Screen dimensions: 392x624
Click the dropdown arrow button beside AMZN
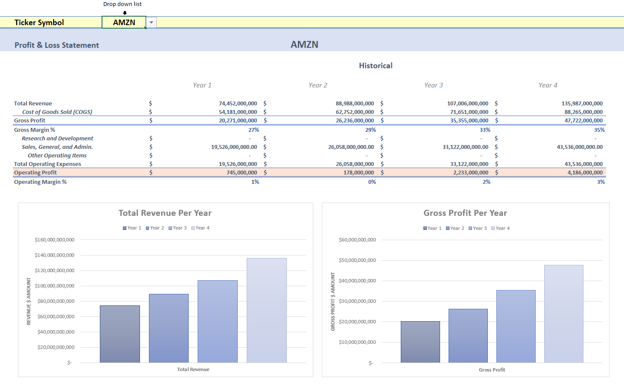[x=151, y=23]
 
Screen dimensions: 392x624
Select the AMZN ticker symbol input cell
[x=124, y=23]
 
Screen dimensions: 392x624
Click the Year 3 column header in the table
[x=433, y=85]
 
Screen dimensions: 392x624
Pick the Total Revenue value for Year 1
[x=238, y=104]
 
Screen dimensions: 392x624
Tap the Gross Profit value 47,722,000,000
[x=583, y=121]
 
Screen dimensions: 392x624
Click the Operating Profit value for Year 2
[x=359, y=173]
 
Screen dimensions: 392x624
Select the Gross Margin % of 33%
[x=485, y=130]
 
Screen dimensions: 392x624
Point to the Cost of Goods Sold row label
[x=57, y=112]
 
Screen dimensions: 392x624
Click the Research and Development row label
[x=57, y=139]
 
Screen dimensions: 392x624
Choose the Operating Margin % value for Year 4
[x=601, y=182]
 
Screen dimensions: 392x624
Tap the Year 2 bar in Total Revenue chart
[x=169, y=328]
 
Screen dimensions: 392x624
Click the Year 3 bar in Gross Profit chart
[x=516, y=326]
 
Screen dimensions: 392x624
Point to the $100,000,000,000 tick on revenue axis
[x=55, y=286]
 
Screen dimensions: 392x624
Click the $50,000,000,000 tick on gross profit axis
[x=357, y=260]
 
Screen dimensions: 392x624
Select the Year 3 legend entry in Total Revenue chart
[x=178, y=228]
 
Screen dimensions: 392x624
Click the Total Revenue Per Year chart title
[x=165, y=213]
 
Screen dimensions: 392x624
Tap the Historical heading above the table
[x=376, y=66]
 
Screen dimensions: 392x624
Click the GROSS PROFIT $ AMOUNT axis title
[x=333, y=302]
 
